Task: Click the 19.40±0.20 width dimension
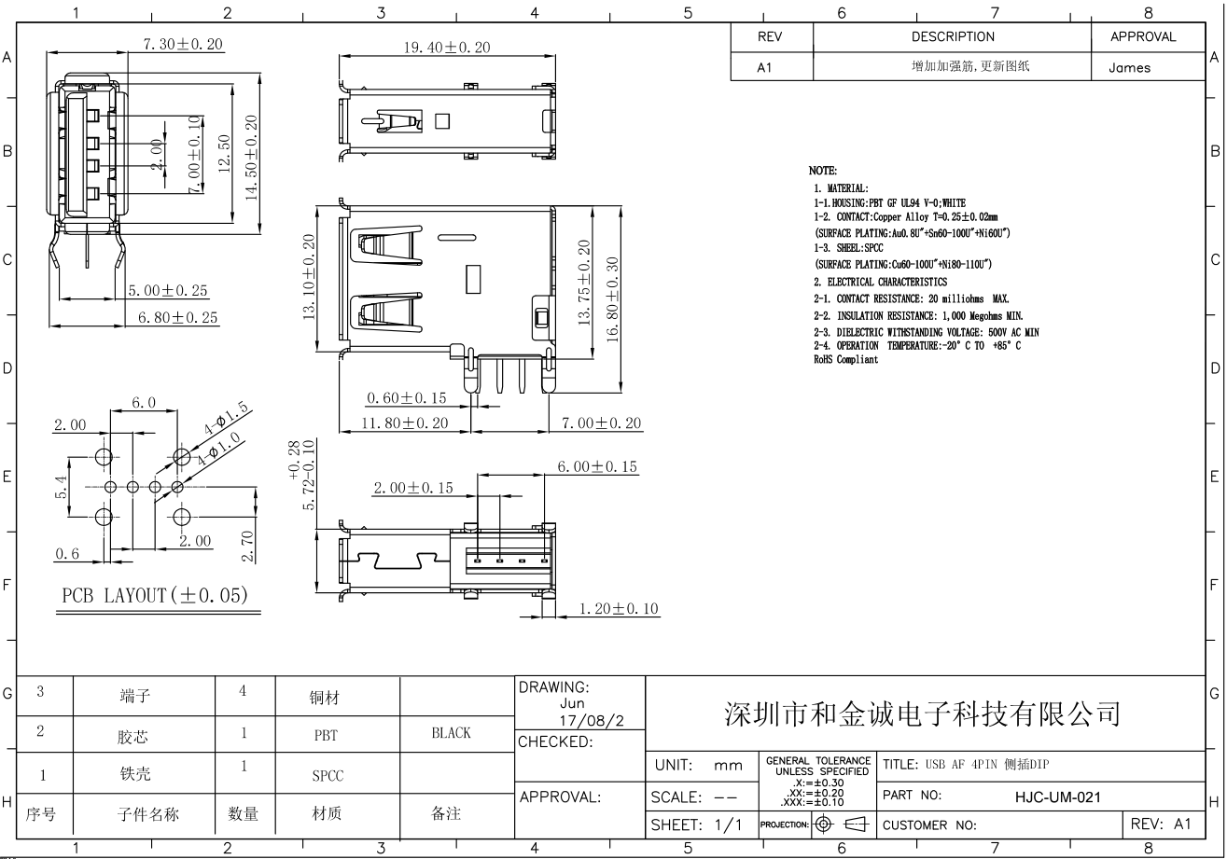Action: pos(447,48)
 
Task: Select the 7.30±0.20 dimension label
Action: pos(183,45)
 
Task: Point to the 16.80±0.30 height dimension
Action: pos(613,300)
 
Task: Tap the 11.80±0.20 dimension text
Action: pos(405,423)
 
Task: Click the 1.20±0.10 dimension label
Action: pos(619,609)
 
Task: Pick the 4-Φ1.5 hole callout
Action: pos(226,418)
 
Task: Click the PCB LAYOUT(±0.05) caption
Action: pos(155,595)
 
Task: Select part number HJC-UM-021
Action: pos(1058,797)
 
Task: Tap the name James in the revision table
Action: pos(1130,68)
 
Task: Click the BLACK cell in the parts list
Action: pos(452,733)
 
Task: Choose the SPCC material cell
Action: pos(328,776)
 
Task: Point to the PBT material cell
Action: pos(326,735)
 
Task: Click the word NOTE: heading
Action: pos(823,171)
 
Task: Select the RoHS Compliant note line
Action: pos(845,360)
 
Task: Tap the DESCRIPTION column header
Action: pos(953,36)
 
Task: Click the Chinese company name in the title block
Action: pos(923,714)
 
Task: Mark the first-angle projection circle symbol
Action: pos(823,824)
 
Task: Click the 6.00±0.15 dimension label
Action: pos(597,467)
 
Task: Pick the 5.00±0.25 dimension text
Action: pos(168,291)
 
